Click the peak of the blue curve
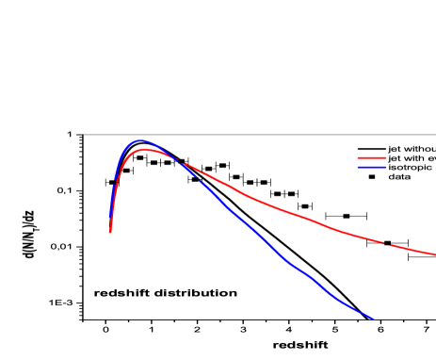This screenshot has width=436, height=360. [141, 140]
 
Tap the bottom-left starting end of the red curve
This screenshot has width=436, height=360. [110, 231]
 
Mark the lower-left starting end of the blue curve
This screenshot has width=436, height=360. [116, 178]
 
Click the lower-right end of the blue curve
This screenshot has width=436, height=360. [374, 319]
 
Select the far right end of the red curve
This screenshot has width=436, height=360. [434, 254]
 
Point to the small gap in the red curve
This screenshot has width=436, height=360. [387, 244]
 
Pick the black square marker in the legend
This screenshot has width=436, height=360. [371, 177]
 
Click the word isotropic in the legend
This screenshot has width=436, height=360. [410, 168]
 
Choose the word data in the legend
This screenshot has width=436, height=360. [399, 177]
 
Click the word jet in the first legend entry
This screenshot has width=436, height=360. [394, 149]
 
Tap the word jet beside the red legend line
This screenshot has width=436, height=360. [394, 158]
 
